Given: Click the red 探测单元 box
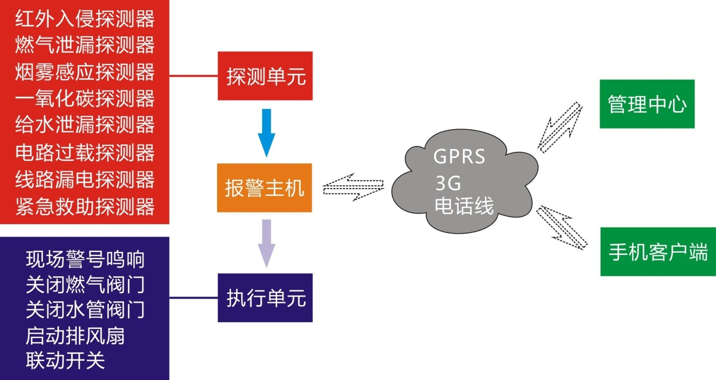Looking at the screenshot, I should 265,76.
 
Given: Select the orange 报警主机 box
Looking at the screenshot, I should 264,188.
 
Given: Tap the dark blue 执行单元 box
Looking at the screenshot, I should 265,298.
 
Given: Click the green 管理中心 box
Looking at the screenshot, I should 647,104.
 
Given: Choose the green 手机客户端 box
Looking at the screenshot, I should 658,252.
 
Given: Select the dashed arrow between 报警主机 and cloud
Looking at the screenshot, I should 353,187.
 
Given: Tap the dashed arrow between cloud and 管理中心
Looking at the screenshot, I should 560,127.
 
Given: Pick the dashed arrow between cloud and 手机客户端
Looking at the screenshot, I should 562,228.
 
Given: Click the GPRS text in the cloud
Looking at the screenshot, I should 459,157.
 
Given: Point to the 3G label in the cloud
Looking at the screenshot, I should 448,183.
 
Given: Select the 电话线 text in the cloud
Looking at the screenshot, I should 464,206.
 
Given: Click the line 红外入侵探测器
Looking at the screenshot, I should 85,19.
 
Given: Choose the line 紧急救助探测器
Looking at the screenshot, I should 85,207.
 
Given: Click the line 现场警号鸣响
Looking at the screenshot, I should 85,259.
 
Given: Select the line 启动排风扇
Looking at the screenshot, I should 75,336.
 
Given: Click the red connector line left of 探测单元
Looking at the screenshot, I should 193,76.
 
